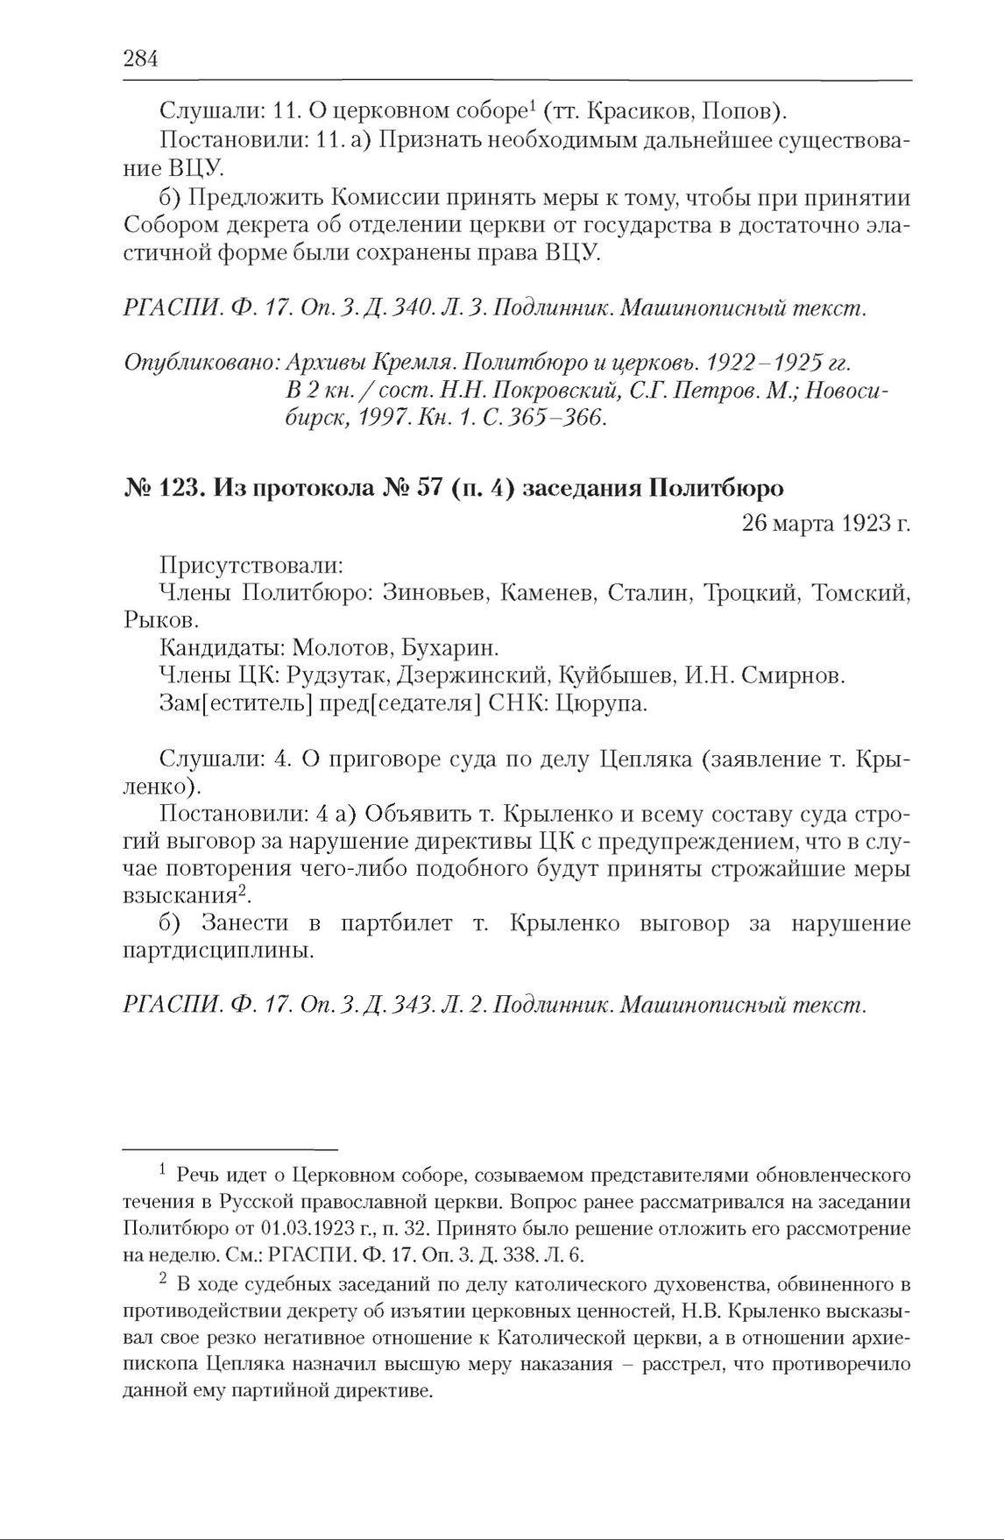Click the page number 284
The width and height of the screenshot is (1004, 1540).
(x=140, y=59)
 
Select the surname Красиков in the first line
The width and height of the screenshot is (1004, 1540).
(x=633, y=111)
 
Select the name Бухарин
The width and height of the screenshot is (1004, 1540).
(x=451, y=648)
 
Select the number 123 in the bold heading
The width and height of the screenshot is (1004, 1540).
(x=176, y=488)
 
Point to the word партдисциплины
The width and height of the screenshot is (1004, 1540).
(x=219, y=951)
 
